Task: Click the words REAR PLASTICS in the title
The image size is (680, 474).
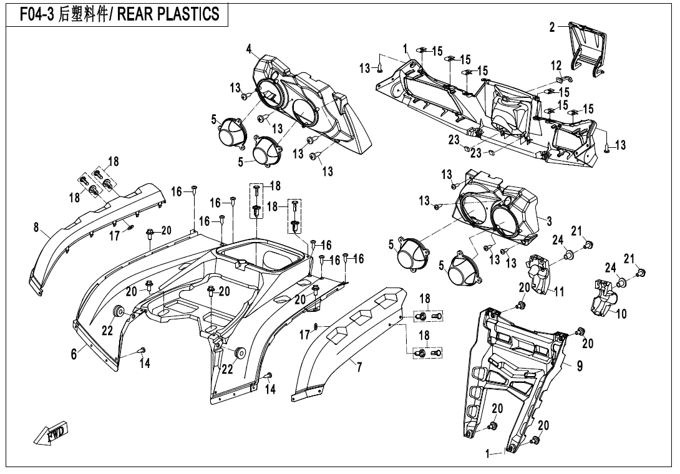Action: pos(168,14)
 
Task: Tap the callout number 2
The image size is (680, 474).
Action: pos(551,27)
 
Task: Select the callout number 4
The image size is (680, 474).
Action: pos(249,49)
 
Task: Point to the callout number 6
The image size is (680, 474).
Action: pos(74,354)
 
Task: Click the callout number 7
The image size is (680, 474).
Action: pos(359,368)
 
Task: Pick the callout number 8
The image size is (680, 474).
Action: pos(36,227)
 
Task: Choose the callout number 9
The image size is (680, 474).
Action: pos(580,366)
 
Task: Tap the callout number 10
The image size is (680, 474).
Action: pos(621,313)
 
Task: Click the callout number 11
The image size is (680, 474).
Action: pos(559,291)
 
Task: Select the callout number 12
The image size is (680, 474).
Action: pos(556,65)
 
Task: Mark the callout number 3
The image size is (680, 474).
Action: pos(549,221)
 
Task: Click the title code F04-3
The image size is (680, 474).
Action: pos(37,14)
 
